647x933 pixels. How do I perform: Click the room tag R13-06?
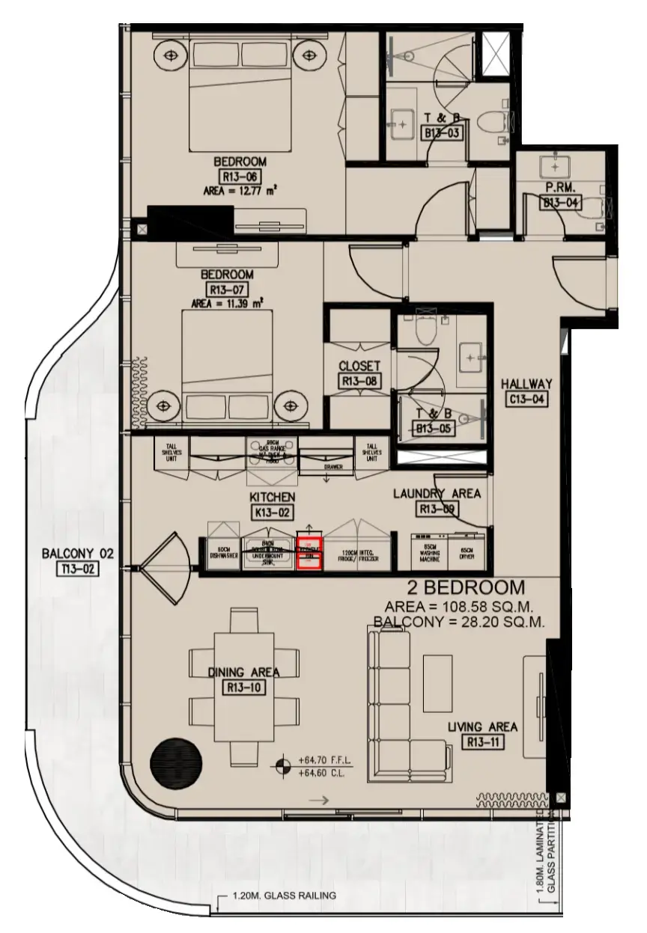click(240, 177)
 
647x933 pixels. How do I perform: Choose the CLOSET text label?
click(359, 367)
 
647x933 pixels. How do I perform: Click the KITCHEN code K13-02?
click(273, 513)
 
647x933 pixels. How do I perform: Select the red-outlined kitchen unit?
click(309, 554)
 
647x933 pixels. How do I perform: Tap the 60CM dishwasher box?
click(219, 554)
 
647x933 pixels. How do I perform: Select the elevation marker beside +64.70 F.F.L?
click(283, 765)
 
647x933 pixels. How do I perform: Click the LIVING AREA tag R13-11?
click(483, 743)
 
